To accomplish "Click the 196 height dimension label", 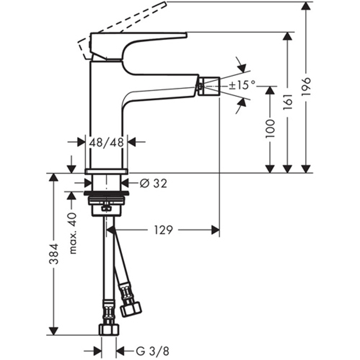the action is [x=306, y=86].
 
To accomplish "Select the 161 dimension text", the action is [x=288, y=102].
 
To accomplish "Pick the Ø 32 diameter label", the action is [x=153, y=183].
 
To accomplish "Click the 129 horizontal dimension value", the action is [x=164, y=230].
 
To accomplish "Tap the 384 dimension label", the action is [x=54, y=253].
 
